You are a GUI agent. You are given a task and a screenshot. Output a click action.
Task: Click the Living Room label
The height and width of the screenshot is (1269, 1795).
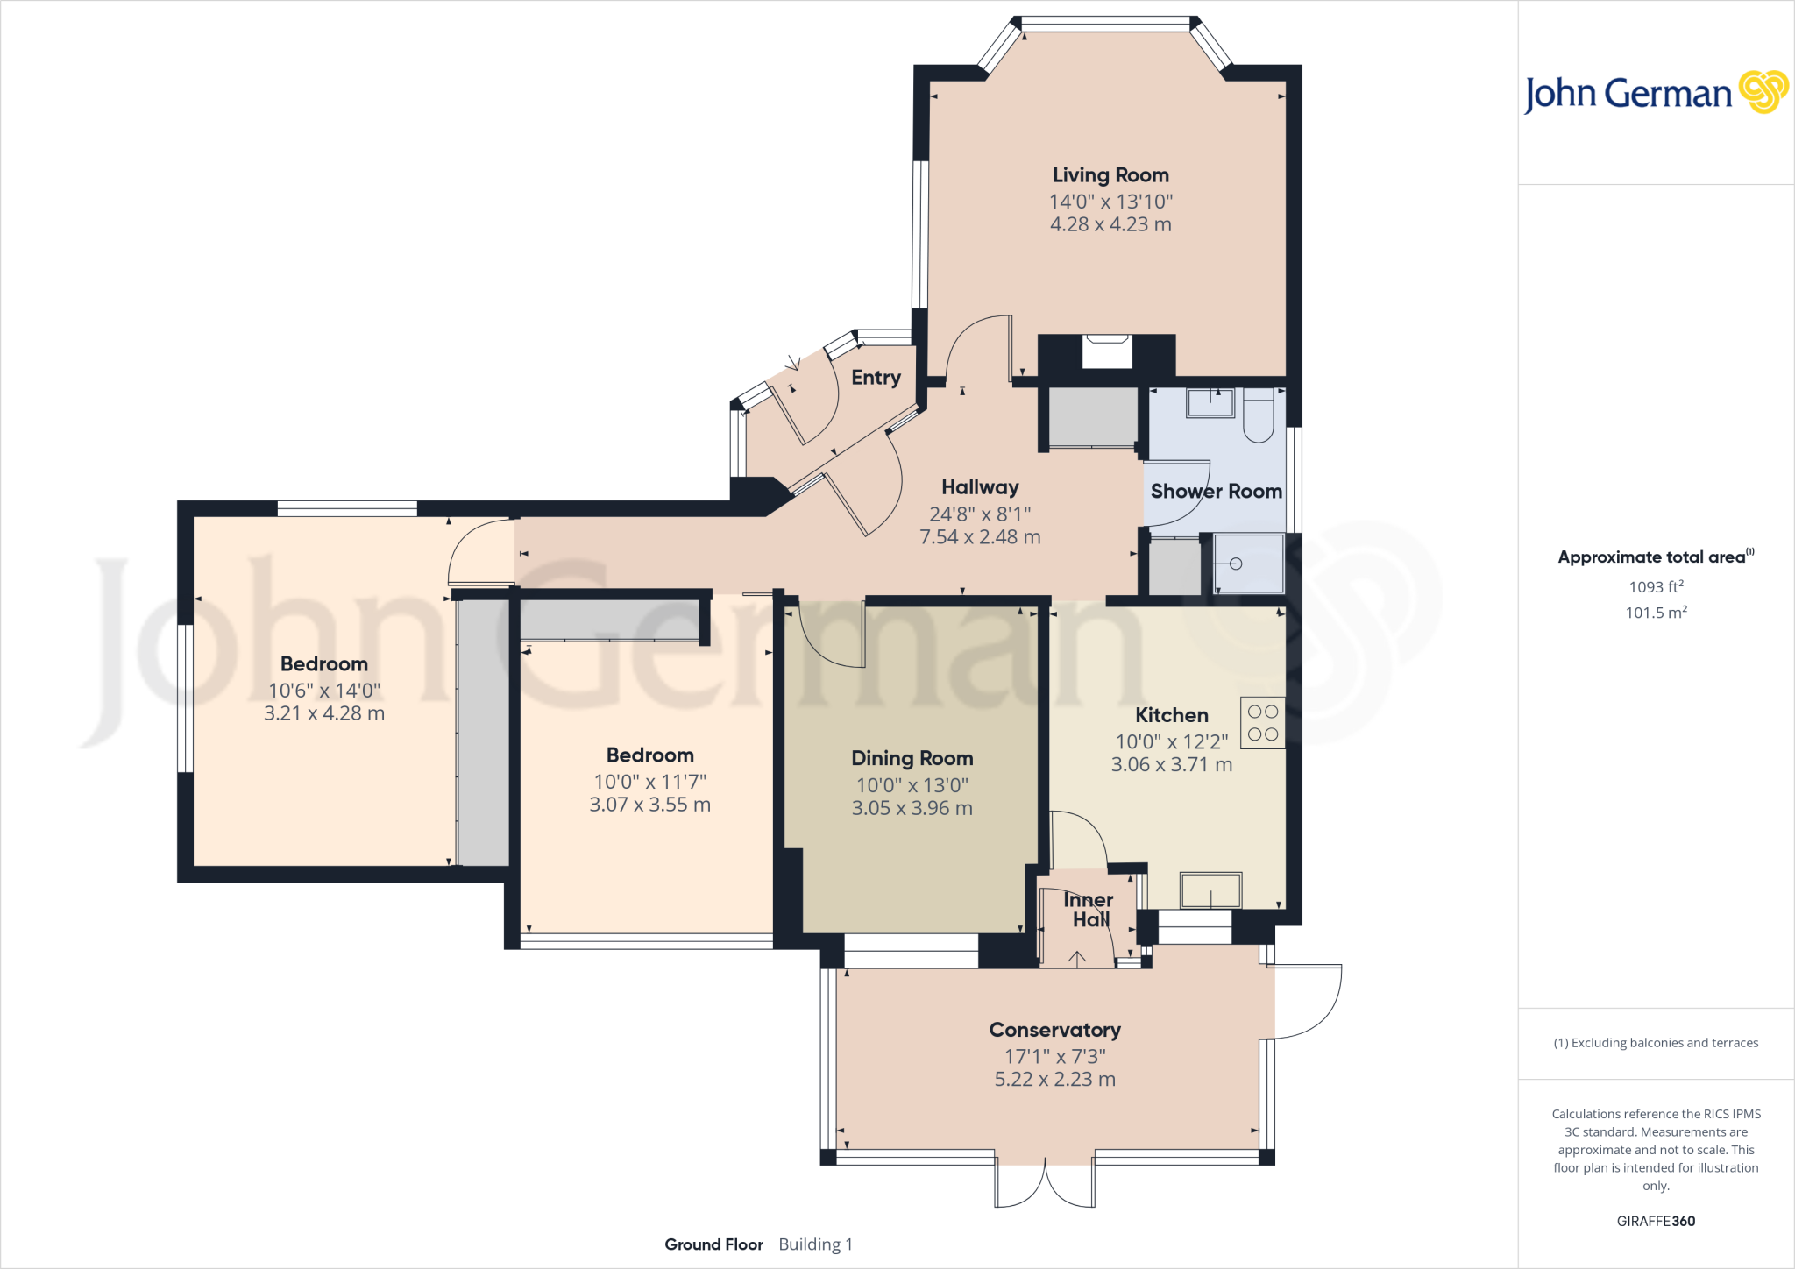point(1110,175)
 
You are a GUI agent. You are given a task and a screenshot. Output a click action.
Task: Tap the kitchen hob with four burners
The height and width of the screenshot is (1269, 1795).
point(1263,723)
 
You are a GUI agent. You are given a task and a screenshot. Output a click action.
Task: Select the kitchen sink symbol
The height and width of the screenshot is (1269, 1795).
point(1210,890)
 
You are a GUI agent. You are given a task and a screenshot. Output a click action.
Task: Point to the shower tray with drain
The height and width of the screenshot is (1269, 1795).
point(1248,564)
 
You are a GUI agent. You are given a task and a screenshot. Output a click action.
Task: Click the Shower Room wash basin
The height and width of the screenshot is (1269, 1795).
point(1210,403)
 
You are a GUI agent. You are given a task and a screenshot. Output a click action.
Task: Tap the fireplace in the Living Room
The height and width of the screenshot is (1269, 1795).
point(1107,352)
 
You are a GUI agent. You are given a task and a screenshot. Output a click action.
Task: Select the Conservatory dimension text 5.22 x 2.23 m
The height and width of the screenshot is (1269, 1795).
point(1054,1080)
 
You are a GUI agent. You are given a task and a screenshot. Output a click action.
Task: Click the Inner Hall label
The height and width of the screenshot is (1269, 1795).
point(1089,910)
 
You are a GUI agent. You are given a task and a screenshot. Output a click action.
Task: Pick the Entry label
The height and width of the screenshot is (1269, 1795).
point(876,378)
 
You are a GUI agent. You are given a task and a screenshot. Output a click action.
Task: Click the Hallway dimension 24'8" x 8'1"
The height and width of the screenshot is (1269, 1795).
point(980,514)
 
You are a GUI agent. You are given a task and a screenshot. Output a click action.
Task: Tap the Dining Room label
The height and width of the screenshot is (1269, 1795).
point(912,758)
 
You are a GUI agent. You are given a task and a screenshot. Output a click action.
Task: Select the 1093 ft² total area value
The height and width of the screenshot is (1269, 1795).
point(1656,587)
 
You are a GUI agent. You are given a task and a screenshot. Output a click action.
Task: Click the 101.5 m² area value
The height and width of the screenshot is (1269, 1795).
point(1656,613)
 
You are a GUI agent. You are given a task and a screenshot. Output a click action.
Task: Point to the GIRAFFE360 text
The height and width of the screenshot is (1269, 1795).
point(1656,1221)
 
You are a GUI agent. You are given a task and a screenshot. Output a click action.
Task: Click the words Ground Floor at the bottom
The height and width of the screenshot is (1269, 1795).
point(713,1244)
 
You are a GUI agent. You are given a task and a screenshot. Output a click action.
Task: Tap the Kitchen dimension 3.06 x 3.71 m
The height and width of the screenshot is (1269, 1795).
point(1172,765)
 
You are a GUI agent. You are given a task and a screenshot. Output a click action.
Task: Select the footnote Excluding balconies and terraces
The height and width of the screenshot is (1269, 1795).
point(1656,1043)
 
